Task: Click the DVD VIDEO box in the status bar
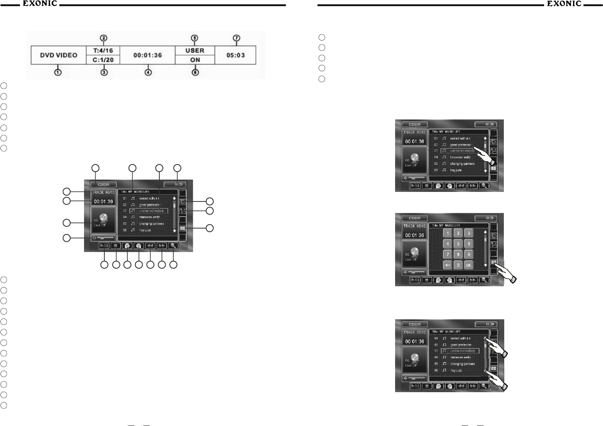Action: (59, 55)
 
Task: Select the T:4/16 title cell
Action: (103, 51)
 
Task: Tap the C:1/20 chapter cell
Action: (103, 60)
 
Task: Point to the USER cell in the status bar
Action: (195, 51)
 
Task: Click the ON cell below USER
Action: (195, 60)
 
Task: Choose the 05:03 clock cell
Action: (235, 55)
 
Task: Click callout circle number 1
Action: (58, 73)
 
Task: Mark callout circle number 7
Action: (237, 38)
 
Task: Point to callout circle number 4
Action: (148, 73)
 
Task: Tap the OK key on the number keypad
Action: (469, 265)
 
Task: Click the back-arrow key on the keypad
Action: (448, 265)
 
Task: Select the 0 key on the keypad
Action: (458, 265)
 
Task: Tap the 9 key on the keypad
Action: (469, 254)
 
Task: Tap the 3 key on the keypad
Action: (469, 233)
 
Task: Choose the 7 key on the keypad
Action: (448, 254)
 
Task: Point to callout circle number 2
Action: (104, 38)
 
